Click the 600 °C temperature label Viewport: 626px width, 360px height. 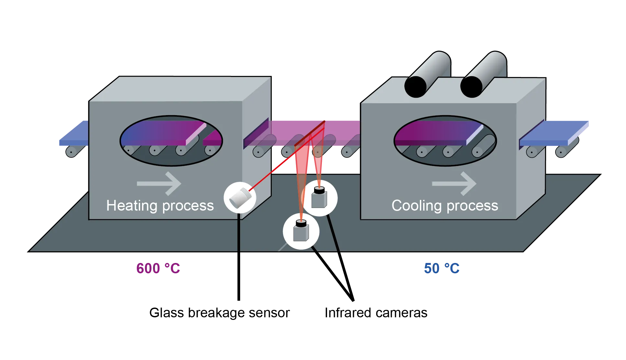pos(158,268)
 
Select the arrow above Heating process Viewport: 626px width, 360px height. pos(159,183)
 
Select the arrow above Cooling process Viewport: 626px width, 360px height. pos(454,183)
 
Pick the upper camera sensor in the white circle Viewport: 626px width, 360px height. pos(319,198)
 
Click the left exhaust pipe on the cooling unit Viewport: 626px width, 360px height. pos(427,74)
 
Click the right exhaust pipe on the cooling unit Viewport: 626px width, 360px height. pos(483,74)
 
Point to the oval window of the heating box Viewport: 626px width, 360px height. pos(171,141)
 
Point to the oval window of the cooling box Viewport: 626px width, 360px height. pos(445,141)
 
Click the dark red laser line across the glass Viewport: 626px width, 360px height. pos(310,133)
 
